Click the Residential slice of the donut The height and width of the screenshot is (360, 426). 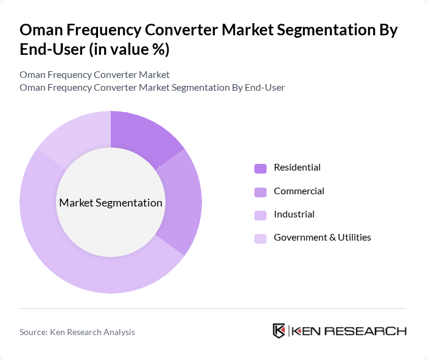pyautogui.click(x=143, y=135)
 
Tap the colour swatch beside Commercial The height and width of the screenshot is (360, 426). pyautogui.click(x=260, y=192)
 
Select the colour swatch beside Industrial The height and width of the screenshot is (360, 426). pyautogui.click(x=260, y=215)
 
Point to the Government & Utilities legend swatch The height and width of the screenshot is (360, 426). pyautogui.click(x=260, y=238)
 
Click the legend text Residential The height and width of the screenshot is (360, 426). pyautogui.click(x=297, y=168)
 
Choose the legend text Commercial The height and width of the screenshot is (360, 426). pyautogui.click(x=299, y=191)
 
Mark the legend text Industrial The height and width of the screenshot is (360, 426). pyautogui.click(x=294, y=214)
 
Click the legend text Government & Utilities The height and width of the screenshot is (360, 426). pyautogui.click(x=322, y=237)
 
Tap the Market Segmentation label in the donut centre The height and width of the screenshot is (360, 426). pyautogui.click(x=111, y=203)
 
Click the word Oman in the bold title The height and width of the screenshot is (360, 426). pyautogui.click(x=41, y=30)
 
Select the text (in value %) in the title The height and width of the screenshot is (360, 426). pyautogui.click(x=129, y=50)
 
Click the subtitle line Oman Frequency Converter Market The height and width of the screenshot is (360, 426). pyautogui.click(x=94, y=74)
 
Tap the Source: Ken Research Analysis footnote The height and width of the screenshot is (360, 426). pyautogui.click(x=77, y=332)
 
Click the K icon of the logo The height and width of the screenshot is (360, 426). pyautogui.click(x=279, y=331)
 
